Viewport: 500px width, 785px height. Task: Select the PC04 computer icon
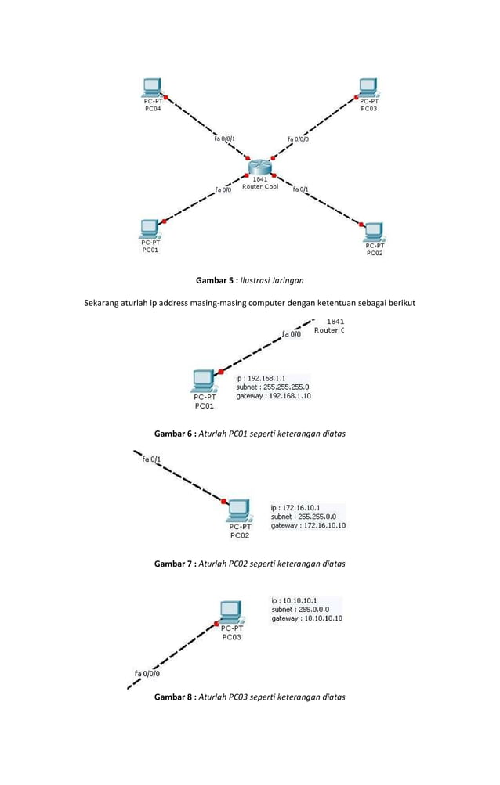[151, 87]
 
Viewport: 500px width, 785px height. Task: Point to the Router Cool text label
[260, 186]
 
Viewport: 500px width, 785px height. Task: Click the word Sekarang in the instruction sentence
[106, 303]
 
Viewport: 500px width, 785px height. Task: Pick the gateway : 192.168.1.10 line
[274, 396]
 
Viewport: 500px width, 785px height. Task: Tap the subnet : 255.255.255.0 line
[273, 387]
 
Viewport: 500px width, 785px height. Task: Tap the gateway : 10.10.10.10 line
[306, 618]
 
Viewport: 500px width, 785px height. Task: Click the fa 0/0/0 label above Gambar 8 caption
[148, 672]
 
